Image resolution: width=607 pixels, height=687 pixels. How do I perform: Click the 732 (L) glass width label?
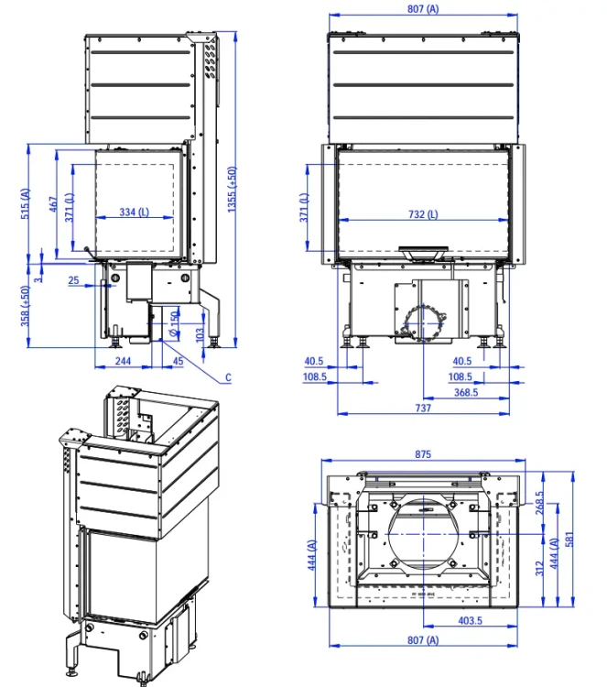tap(422, 214)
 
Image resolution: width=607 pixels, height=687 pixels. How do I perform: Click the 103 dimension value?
tap(201, 334)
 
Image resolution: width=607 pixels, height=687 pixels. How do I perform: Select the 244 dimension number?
tap(123, 361)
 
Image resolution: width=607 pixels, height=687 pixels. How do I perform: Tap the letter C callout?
tap(228, 377)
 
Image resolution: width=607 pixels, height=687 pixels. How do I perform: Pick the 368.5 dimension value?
tap(465, 392)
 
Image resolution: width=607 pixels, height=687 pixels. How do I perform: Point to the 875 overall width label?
tap(422, 454)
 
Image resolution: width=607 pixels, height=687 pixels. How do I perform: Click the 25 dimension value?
tap(73, 281)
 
